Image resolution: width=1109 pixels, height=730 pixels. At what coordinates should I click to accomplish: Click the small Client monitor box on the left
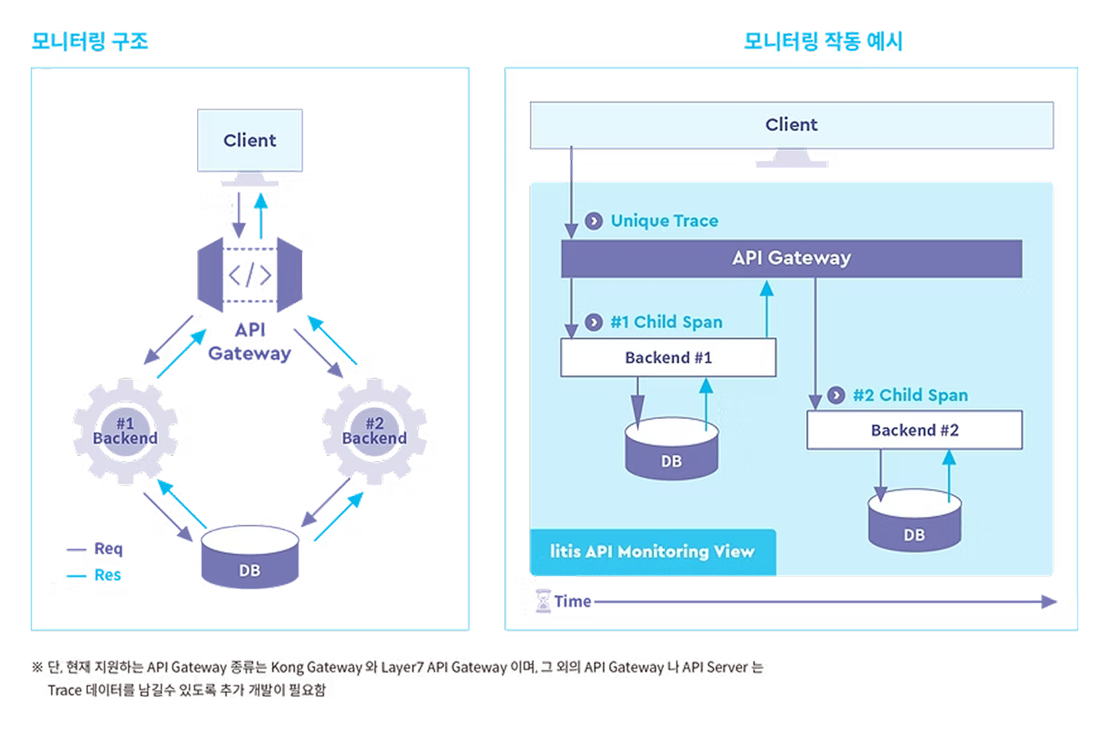[x=250, y=140]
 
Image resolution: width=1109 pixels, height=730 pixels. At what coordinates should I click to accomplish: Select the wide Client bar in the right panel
[x=791, y=125]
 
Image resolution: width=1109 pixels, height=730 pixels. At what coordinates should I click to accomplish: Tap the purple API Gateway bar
[x=791, y=258]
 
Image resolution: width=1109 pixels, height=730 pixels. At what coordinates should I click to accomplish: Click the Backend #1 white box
[x=668, y=357]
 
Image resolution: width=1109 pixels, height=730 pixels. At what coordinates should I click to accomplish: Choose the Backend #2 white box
[x=914, y=430]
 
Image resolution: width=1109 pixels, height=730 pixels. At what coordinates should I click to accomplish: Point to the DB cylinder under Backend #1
[x=672, y=450]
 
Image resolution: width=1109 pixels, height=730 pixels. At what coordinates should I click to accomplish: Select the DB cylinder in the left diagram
[x=250, y=558]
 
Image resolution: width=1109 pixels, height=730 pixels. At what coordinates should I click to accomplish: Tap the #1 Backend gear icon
[x=125, y=430]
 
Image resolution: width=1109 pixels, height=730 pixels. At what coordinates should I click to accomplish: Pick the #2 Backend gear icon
[x=374, y=430]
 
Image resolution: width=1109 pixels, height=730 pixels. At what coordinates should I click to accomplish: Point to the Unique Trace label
[x=664, y=221]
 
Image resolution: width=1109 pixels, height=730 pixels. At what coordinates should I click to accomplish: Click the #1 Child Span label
[x=666, y=322]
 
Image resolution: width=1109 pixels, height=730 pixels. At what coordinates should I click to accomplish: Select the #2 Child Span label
[x=910, y=395]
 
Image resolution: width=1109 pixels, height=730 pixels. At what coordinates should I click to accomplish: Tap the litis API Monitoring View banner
[x=652, y=551]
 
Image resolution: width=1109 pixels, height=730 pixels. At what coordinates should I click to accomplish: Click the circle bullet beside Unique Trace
[x=594, y=221]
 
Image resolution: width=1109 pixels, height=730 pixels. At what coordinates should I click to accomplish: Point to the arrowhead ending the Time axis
[x=1050, y=601]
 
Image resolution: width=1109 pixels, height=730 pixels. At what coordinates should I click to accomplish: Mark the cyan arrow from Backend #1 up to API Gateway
[x=766, y=308]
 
